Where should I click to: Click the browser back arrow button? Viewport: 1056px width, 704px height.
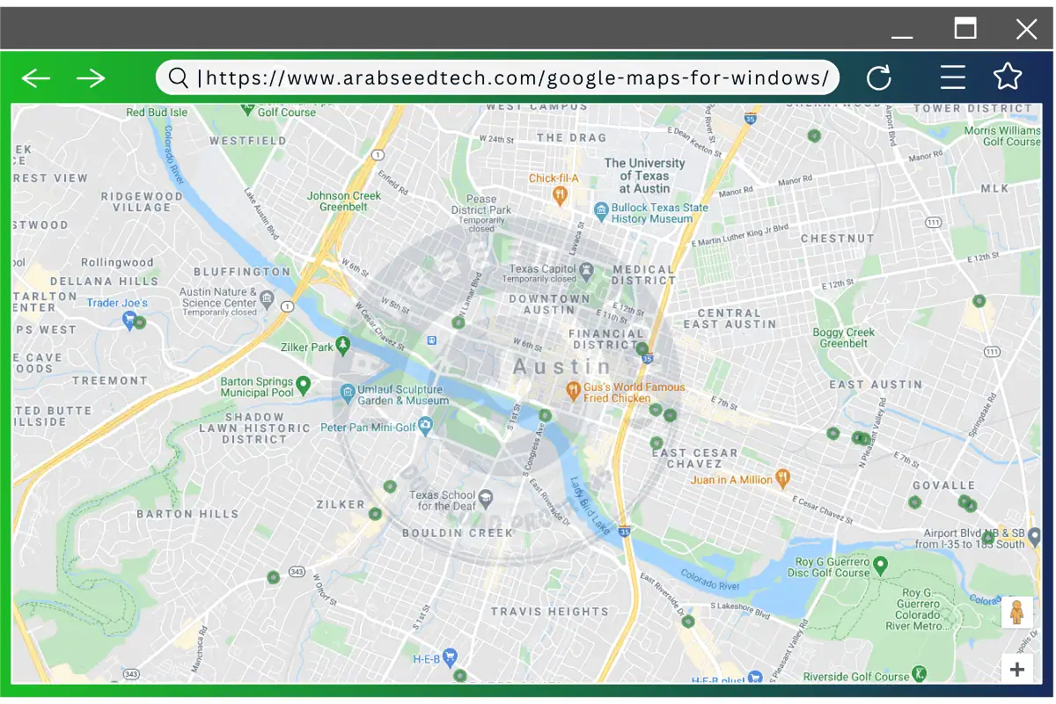tap(36, 78)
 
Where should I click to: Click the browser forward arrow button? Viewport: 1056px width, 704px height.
tap(91, 78)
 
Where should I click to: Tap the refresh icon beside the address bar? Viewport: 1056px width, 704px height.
tap(879, 78)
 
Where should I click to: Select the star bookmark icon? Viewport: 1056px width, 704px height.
tap(1008, 77)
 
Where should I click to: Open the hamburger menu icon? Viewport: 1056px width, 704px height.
tap(953, 77)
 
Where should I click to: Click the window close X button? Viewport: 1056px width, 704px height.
tap(1026, 30)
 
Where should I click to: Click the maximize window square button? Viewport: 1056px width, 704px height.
tap(965, 28)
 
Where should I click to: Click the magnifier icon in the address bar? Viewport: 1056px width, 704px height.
tap(178, 78)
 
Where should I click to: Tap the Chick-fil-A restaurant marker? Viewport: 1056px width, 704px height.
tap(559, 194)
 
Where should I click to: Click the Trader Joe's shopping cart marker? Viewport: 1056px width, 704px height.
tap(129, 319)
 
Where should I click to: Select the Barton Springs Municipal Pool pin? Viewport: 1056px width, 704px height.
tap(304, 384)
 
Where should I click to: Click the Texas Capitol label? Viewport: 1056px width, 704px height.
tap(542, 269)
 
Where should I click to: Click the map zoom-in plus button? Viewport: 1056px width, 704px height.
tap(1017, 669)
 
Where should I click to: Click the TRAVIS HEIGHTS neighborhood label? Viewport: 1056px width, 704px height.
tap(550, 612)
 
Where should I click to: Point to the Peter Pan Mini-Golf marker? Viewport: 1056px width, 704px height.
tap(426, 428)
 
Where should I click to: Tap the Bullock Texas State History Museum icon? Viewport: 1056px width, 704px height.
tap(601, 210)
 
